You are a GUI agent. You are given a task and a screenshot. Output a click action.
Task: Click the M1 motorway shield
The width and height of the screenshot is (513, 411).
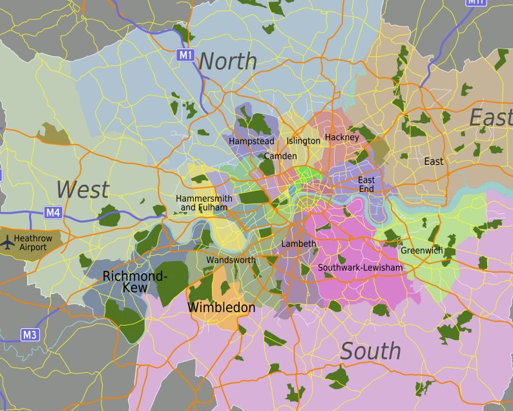click(185, 56)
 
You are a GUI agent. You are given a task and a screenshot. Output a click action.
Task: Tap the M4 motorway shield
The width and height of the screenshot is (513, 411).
click(53, 212)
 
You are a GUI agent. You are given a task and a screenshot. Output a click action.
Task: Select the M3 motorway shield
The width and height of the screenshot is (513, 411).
click(30, 335)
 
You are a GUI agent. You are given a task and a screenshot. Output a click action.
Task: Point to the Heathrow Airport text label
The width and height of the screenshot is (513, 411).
click(33, 243)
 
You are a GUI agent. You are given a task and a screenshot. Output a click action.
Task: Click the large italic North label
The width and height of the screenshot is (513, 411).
click(227, 61)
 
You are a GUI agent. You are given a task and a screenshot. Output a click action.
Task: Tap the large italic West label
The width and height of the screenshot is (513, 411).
click(82, 190)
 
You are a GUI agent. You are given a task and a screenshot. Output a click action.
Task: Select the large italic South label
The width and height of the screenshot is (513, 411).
click(370, 351)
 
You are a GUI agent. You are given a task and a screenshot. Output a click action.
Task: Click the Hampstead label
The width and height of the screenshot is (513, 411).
click(251, 141)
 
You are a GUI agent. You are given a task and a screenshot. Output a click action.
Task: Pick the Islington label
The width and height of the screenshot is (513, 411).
click(303, 141)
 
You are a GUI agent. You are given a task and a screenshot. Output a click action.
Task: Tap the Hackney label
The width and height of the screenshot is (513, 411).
click(342, 138)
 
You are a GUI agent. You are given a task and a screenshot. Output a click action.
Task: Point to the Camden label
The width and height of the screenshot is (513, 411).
click(280, 156)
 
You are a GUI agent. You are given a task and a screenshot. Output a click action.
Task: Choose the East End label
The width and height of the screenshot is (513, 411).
click(366, 184)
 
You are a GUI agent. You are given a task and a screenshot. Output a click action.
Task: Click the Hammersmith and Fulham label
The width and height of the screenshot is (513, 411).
click(204, 203)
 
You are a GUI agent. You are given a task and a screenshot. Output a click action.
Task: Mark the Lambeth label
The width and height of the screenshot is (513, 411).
click(298, 244)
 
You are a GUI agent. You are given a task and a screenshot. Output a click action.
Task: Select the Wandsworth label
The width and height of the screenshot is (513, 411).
click(231, 260)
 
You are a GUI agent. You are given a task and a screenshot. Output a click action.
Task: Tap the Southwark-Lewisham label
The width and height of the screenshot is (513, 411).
click(360, 268)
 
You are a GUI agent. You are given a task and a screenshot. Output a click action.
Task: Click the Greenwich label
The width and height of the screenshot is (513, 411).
click(421, 251)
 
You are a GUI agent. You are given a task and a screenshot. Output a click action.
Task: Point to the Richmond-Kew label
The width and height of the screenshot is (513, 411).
click(135, 282)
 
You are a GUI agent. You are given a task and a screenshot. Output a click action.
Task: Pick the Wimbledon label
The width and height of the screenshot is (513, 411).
click(221, 308)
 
